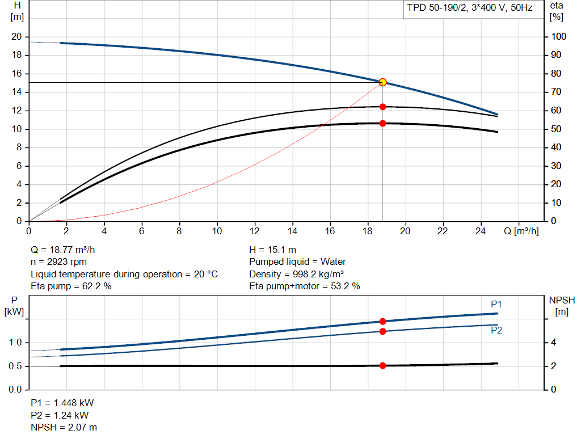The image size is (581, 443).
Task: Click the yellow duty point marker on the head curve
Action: (382, 82)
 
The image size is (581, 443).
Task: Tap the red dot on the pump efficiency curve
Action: (382, 107)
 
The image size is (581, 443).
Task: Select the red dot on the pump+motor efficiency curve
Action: (382, 123)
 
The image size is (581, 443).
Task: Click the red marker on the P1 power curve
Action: (382, 322)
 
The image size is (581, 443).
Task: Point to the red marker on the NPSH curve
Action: (382, 366)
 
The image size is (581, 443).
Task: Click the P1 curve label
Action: (496, 305)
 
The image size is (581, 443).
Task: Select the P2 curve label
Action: (496, 330)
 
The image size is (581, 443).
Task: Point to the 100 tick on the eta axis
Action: (558, 37)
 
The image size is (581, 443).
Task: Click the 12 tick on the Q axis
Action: (255, 231)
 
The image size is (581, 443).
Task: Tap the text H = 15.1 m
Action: (272, 250)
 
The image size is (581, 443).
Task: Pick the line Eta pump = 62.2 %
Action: (71, 286)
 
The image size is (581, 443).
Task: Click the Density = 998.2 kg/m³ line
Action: (296, 274)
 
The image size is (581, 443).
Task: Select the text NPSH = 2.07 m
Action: (64, 427)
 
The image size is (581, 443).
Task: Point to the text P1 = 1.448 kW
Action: (62, 403)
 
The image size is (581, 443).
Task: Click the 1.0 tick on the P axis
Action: (15, 343)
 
